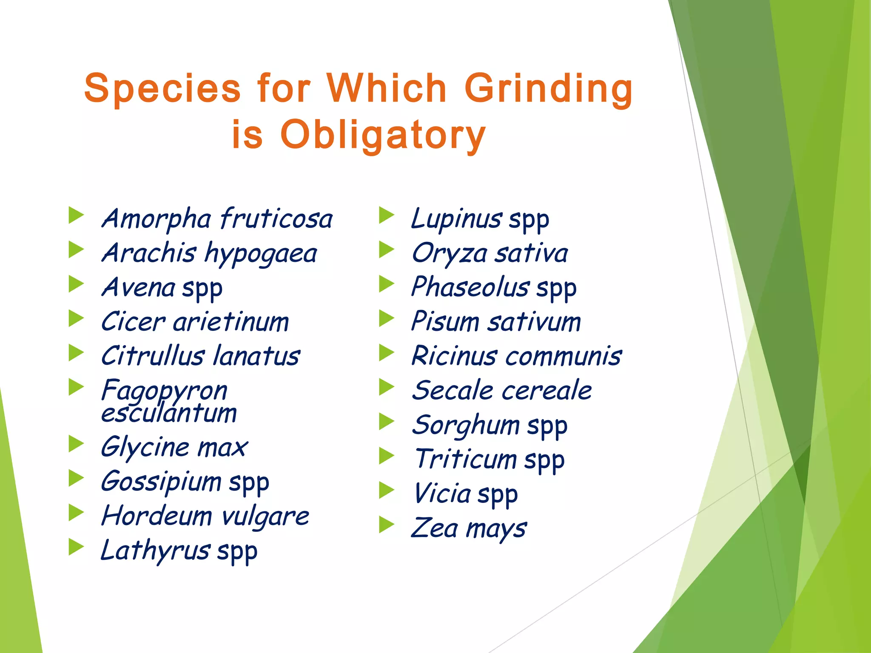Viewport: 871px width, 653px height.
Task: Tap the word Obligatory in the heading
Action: (383, 134)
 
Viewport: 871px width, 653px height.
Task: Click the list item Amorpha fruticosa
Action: (217, 219)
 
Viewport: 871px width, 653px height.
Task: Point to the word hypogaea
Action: (261, 254)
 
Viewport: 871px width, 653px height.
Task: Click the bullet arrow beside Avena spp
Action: (76, 284)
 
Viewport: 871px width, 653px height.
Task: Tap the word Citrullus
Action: (153, 356)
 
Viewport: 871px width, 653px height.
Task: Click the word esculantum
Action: (169, 413)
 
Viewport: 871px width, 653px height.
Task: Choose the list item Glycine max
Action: (174, 447)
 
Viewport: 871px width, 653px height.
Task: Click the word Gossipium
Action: (161, 482)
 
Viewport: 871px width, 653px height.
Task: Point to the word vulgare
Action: (265, 517)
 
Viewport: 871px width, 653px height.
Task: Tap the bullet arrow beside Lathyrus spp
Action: (76, 547)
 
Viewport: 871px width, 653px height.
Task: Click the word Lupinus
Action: (456, 219)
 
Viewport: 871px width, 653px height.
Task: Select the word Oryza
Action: (450, 254)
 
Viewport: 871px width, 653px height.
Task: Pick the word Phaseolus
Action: (470, 287)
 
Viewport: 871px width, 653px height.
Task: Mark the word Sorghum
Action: (466, 425)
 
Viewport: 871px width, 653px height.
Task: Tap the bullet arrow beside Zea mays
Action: (387, 525)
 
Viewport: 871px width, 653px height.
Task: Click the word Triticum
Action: (466, 459)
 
